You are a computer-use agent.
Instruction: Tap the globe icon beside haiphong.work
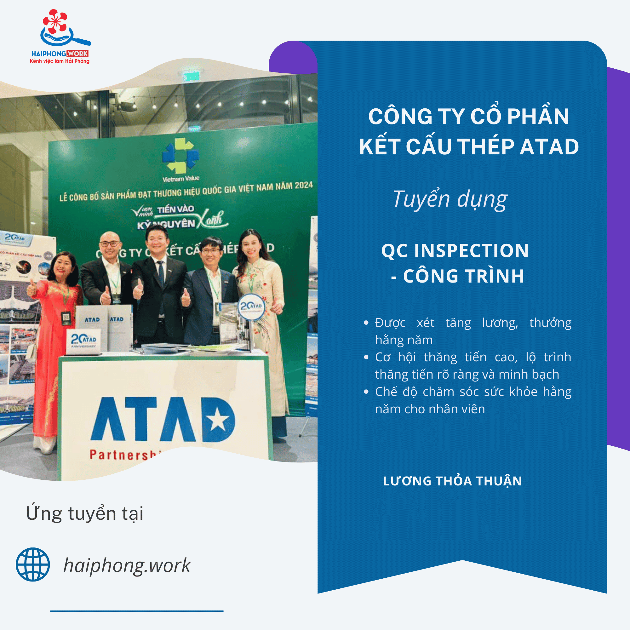click(33, 564)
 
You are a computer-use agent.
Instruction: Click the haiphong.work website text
click(127, 565)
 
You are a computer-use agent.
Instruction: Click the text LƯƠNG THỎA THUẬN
click(452, 481)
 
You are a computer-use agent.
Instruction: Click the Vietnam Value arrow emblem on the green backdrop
click(180, 155)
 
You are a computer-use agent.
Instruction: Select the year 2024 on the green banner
click(304, 185)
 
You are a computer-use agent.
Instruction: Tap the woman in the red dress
click(55, 326)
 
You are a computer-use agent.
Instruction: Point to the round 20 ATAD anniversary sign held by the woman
click(251, 307)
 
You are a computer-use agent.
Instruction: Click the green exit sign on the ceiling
click(191, 77)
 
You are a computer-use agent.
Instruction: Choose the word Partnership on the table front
click(124, 455)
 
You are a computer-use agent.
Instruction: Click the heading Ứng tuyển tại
click(84, 513)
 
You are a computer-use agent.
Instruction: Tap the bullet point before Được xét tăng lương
click(366, 323)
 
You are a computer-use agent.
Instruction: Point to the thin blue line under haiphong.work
click(137, 611)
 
